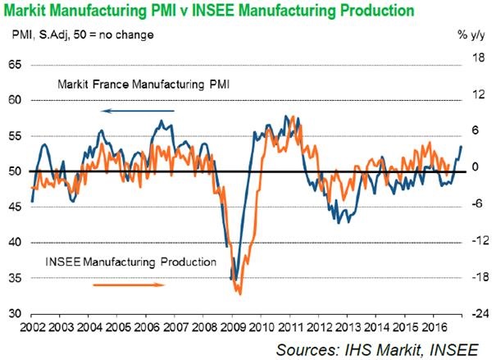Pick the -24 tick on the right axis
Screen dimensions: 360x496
tap(474, 313)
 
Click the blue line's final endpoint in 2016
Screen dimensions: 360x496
tap(461, 146)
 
